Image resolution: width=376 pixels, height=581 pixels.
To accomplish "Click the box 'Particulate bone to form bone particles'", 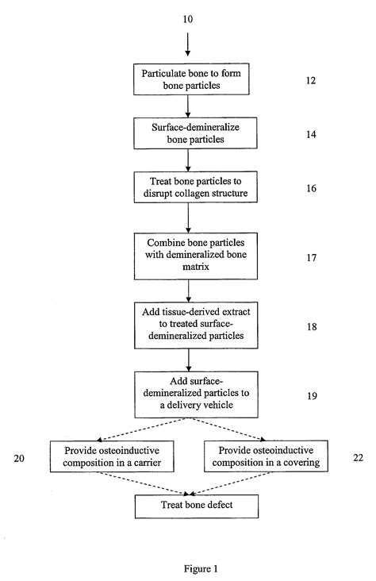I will (187, 79).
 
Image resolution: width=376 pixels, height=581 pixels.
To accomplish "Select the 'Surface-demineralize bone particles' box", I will (187, 133).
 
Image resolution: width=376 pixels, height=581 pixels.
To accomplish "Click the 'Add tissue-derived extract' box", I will (187, 322).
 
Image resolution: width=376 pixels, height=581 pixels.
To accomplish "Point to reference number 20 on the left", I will (19, 458).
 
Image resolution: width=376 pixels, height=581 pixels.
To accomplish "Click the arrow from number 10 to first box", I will (187, 44).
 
